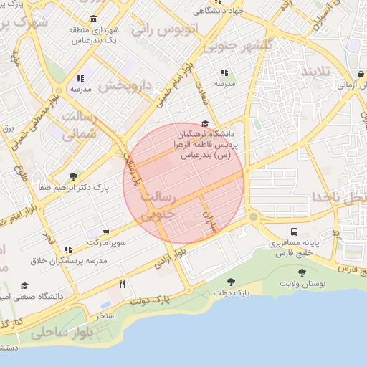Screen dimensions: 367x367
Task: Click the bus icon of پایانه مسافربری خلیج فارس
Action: (295, 232)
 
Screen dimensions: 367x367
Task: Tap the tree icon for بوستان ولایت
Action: (301, 272)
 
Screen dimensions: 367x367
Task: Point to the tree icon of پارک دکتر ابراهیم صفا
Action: (73, 176)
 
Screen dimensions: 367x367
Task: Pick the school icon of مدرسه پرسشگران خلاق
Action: (69, 249)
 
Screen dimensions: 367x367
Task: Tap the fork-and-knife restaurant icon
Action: (123, 285)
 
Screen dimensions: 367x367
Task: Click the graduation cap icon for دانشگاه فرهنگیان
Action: (206, 123)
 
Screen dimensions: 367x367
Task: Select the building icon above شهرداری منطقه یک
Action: (94, 19)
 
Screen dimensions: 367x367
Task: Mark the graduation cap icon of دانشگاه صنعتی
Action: (25, 285)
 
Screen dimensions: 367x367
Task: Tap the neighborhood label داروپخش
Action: (125, 85)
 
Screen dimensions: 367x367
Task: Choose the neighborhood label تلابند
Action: (318, 72)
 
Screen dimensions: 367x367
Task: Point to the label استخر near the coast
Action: (105, 315)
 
